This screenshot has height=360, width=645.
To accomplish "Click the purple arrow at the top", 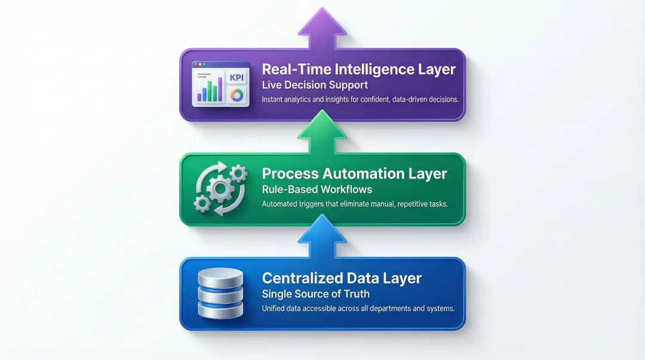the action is [x=322, y=29].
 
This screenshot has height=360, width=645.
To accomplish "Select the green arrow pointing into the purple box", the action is [x=322, y=132].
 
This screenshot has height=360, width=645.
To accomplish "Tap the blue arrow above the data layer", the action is [x=322, y=236].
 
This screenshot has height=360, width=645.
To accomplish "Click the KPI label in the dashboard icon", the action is [x=236, y=78].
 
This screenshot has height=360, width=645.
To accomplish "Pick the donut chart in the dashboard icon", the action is [x=236, y=96].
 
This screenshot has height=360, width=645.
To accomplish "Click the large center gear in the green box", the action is [x=220, y=189].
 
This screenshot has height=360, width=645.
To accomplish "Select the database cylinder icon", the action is [x=220, y=293].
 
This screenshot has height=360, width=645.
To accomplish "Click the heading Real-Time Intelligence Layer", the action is [x=359, y=69].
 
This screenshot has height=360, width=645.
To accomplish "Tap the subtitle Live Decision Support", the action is [x=315, y=85].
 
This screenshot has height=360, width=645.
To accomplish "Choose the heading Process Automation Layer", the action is [x=354, y=174].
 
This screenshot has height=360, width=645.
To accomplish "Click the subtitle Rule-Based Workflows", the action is [x=317, y=189].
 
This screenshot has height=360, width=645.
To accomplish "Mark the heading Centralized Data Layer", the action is [x=342, y=278].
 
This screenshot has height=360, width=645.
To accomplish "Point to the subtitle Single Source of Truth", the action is [x=316, y=294].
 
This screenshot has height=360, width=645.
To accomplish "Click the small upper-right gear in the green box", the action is [x=238, y=174].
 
